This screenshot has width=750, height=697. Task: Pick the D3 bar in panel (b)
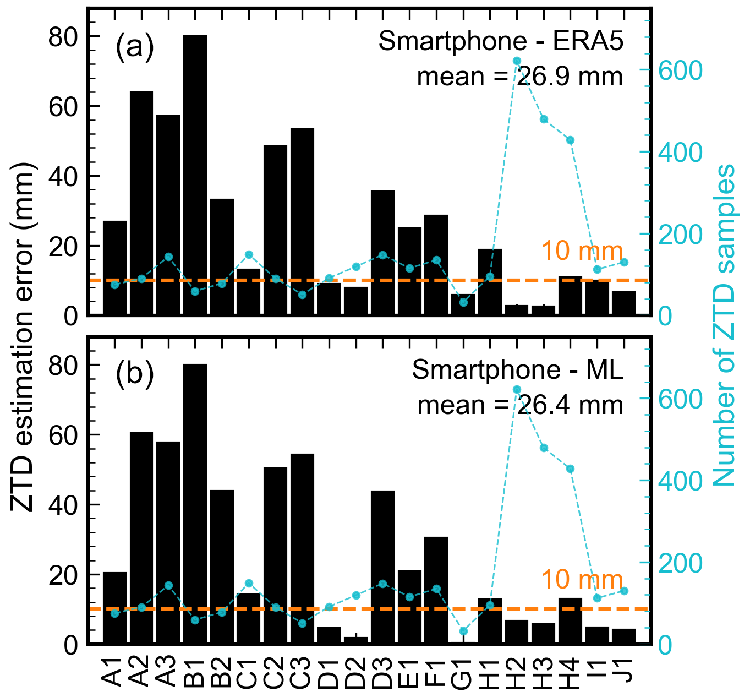pyautogui.click(x=382, y=567)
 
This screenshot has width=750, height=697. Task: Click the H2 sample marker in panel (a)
pyautogui.click(x=517, y=61)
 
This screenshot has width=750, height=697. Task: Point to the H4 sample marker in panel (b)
pyautogui.click(x=571, y=469)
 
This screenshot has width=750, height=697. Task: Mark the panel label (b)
pyautogui.click(x=134, y=375)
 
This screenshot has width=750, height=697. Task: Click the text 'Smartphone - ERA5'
pyautogui.click(x=501, y=41)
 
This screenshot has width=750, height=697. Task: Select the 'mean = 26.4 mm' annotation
pyautogui.click(x=520, y=405)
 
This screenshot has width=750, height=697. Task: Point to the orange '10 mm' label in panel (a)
pyautogui.click(x=582, y=251)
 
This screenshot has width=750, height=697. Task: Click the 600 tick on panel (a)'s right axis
pyautogui.click(x=672, y=70)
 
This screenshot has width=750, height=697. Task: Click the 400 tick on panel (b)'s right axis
pyautogui.click(x=672, y=481)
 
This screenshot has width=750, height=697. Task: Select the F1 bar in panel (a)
pyautogui.click(x=436, y=265)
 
